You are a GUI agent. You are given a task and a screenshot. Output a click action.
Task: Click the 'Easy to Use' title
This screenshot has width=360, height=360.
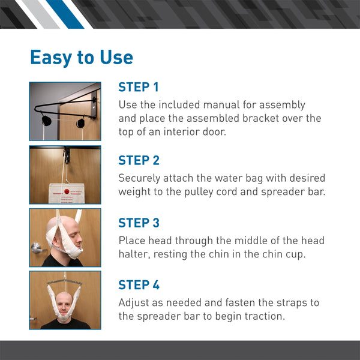click(x=82, y=58)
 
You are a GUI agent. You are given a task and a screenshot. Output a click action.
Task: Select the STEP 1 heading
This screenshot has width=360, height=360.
click(x=139, y=87)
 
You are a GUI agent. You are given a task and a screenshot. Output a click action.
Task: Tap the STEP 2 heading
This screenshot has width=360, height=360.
click(x=139, y=160)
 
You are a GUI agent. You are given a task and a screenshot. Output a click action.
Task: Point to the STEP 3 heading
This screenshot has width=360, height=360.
click(x=139, y=223)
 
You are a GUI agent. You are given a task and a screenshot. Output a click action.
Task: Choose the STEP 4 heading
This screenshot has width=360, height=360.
click(x=139, y=285)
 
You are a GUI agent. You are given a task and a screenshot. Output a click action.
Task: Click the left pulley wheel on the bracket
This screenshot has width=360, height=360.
click(x=46, y=122)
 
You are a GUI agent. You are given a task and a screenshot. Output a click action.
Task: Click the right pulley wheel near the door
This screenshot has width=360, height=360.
click(x=80, y=123)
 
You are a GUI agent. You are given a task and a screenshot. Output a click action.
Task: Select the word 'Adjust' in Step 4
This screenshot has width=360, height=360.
click(x=134, y=303)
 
